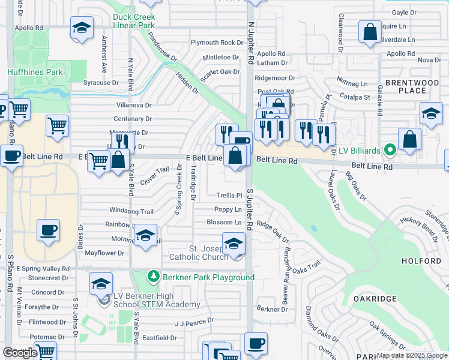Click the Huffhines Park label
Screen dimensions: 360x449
(x=35, y=72)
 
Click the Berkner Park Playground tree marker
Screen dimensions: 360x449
(x=154, y=277)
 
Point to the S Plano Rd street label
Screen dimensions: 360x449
(x=10, y=273)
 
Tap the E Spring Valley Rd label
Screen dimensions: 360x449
(x=43, y=269)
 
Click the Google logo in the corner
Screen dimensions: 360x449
(x=19, y=353)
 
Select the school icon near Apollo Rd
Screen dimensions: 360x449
(x=82, y=28)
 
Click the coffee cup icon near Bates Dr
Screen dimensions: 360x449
(x=49, y=230)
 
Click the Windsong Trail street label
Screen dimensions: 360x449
(x=131, y=211)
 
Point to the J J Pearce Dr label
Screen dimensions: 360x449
(x=194, y=322)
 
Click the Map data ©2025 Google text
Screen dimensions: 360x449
(x=411, y=355)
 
